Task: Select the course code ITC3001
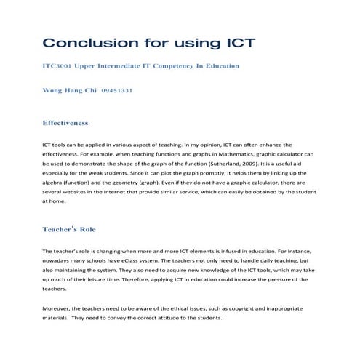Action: click(63, 66)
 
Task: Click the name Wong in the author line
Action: click(55, 92)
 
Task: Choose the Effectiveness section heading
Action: click(75, 123)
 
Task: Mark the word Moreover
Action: click(60, 309)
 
